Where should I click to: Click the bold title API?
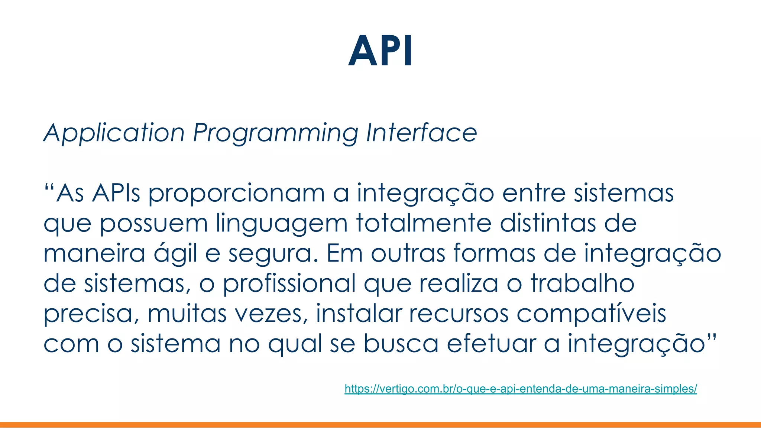click(380, 51)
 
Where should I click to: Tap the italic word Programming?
click(275, 133)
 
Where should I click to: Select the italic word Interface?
click(421, 132)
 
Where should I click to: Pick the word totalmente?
click(423, 223)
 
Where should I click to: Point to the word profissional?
click(289, 283)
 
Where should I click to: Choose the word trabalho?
click(582, 283)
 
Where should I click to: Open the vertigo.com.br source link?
click(521, 389)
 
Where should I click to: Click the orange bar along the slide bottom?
click(380, 425)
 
